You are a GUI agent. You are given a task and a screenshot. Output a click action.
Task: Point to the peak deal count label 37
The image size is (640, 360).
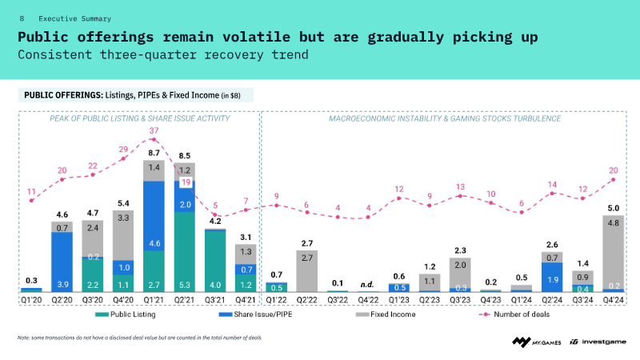[x=154, y=131]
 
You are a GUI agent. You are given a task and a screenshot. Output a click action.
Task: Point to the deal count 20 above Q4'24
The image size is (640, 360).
[x=614, y=170]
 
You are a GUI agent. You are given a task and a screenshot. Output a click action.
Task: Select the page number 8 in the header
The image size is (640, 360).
[x=22, y=18]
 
